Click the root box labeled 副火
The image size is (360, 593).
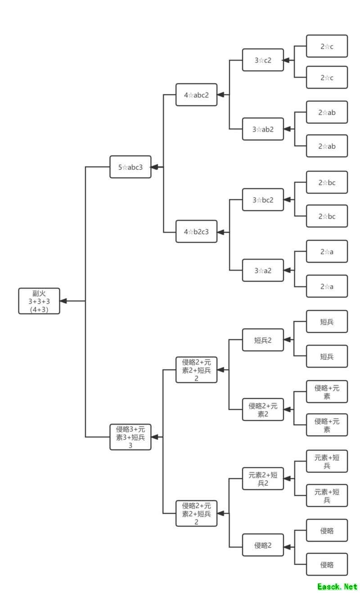(39, 301)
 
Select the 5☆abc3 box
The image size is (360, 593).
(130, 167)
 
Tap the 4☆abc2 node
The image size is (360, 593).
(196, 94)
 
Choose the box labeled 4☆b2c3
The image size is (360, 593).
(196, 232)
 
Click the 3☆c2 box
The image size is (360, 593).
(263, 60)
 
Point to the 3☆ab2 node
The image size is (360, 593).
(263, 129)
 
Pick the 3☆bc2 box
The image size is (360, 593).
(263, 199)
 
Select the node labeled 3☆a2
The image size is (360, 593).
(263, 270)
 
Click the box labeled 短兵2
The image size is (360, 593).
(263, 340)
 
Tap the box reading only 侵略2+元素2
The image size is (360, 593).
(263, 409)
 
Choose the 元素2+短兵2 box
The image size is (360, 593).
(263, 479)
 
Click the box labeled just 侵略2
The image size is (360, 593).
(263, 545)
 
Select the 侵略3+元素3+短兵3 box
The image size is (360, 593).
(130, 437)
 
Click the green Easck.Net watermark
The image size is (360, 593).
(337, 586)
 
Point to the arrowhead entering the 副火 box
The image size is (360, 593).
(63, 301)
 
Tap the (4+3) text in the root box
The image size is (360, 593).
(39, 309)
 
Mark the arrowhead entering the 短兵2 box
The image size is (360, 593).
(287, 340)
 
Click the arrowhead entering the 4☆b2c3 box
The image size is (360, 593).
(220, 232)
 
